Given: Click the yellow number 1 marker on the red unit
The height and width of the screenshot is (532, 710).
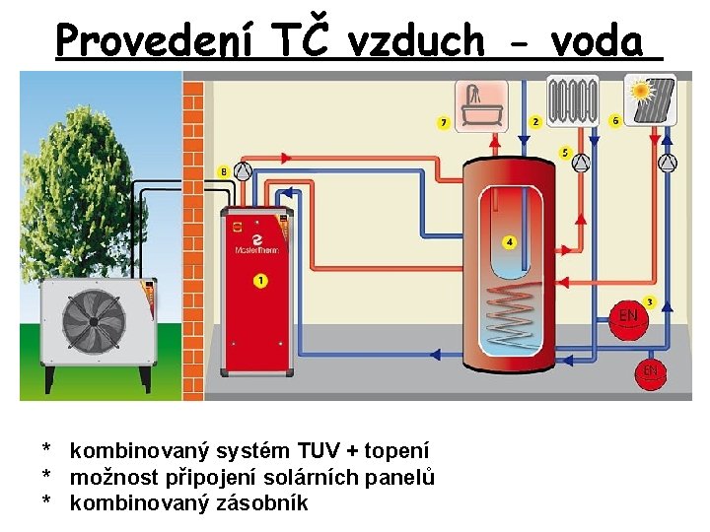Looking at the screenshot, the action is [259, 282].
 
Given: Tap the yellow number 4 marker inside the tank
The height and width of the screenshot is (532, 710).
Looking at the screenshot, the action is [509, 241].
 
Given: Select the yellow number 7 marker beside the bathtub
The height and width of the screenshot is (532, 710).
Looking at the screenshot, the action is [444, 123].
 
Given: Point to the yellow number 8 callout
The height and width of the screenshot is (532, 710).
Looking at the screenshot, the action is [224, 171].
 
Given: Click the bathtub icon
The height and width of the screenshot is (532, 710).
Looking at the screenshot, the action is [480, 105].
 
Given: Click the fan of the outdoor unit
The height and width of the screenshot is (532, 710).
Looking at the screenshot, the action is [94, 322].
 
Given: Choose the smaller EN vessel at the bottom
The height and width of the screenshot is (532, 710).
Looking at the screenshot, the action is [651, 372].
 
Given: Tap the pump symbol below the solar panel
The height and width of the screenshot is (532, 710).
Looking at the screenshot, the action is [669, 163].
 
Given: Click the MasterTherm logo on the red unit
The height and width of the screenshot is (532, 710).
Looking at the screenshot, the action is [256, 242].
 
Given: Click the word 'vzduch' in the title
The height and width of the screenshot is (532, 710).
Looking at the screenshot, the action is [431, 41].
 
